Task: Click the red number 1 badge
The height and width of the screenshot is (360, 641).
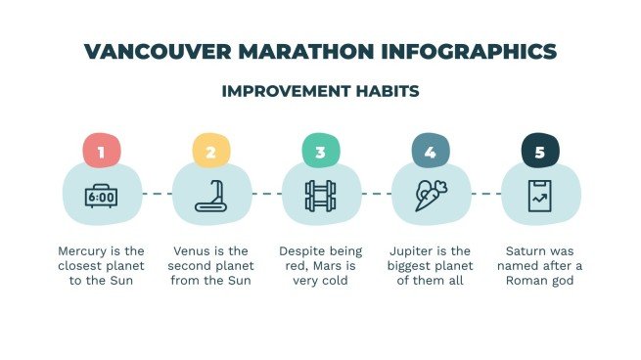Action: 101,152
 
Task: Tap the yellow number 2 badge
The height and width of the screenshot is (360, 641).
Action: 210,152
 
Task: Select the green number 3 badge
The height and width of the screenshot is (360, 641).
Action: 320,152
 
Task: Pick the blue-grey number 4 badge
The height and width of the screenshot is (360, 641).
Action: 430,152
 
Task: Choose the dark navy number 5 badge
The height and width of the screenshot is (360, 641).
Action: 539,152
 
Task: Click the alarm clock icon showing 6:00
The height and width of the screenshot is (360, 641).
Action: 101,196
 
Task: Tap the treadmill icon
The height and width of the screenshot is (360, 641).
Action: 210,196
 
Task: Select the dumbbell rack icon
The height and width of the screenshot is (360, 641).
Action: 320,195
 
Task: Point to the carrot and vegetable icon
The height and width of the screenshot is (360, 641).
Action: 430,195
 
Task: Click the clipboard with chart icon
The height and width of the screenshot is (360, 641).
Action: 539,195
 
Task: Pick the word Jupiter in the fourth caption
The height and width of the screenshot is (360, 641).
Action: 415,250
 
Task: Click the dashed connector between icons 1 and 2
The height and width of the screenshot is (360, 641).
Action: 156,194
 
